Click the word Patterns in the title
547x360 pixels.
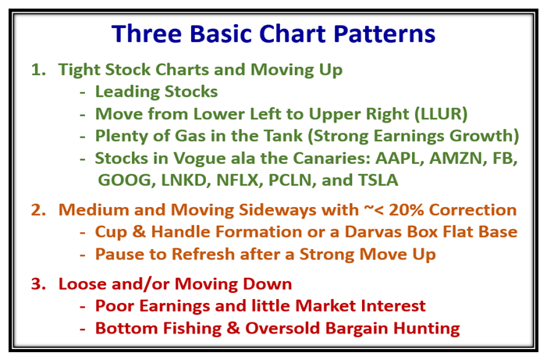point(385,34)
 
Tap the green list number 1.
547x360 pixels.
point(38,70)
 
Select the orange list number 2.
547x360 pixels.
point(38,210)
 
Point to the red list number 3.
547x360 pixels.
point(38,284)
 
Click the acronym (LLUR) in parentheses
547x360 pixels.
point(441,114)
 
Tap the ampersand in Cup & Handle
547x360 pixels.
point(139,232)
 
